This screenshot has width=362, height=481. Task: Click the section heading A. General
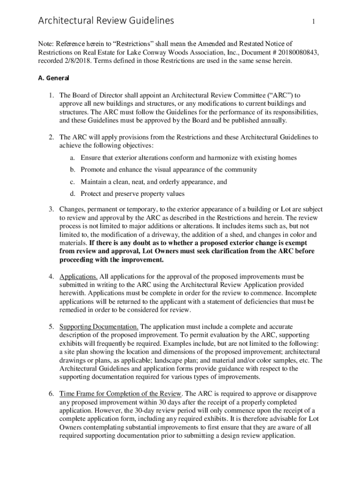(54, 78)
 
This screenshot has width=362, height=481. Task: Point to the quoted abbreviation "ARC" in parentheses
(279, 95)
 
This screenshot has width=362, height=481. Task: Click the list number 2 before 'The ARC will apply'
(51, 137)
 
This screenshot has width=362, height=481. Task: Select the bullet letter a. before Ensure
(73, 157)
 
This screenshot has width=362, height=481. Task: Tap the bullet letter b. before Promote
(73, 170)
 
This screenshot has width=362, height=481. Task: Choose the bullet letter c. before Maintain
(73, 181)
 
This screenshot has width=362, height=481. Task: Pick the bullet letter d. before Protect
(73, 194)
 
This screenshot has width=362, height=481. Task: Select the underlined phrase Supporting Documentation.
(99, 326)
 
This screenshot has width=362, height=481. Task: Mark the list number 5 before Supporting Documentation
(51, 326)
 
